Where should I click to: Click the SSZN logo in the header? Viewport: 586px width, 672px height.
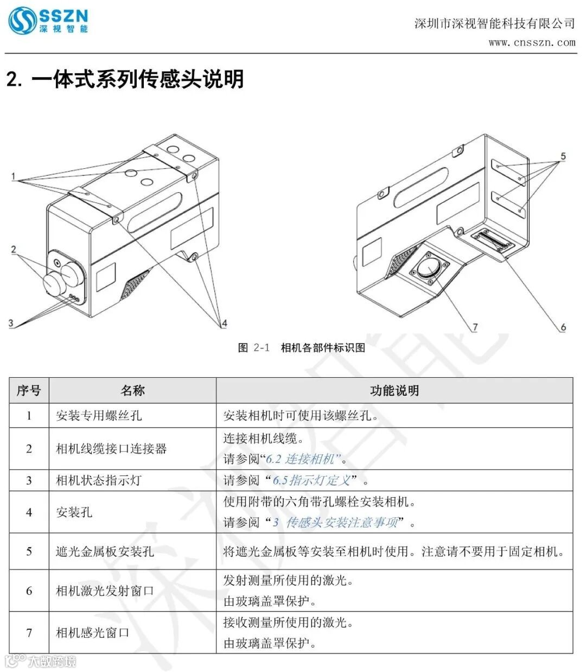point(47,21)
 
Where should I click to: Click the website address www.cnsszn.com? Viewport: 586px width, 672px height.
point(531,42)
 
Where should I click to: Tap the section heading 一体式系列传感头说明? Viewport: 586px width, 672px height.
point(125,79)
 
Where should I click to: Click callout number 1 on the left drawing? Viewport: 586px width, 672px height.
point(14,176)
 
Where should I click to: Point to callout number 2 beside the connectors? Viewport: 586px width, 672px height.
point(14,250)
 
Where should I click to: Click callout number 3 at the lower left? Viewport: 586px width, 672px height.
point(10,323)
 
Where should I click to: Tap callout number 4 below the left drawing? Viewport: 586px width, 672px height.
point(224,324)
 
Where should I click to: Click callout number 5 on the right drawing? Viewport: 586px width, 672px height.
point(563,156)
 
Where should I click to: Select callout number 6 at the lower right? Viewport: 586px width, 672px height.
point(563,327)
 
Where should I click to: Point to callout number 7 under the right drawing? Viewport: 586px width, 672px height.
point(475,327)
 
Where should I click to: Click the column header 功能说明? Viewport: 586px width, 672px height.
point(394,390)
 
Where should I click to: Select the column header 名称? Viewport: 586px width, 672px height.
point(132,390)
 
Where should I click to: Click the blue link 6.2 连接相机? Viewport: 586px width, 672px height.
point(303,459)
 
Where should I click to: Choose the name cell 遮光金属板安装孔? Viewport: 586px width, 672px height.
point(105,551)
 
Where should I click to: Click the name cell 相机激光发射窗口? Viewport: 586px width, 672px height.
point(105,591)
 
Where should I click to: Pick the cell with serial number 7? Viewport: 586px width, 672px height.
point(29,632)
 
